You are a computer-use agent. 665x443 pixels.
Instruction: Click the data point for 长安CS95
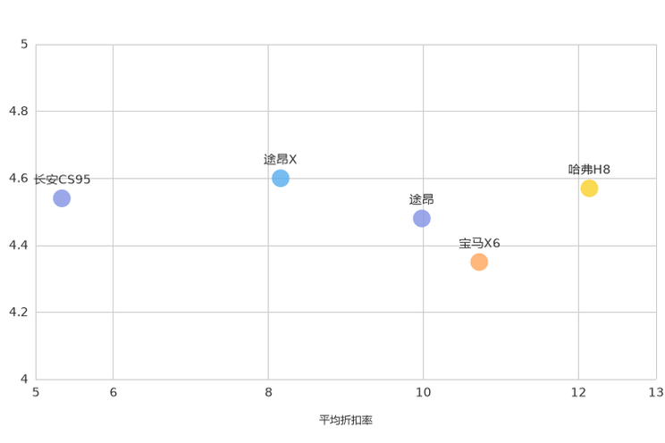tap(62, 198)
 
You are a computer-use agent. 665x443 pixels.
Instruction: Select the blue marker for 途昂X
tap(281, 178)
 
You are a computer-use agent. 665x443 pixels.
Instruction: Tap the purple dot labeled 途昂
tap(422, 218)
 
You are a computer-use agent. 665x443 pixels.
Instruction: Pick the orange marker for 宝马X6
tap(479, 262)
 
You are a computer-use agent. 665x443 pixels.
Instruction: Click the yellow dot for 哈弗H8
tap(589, 188)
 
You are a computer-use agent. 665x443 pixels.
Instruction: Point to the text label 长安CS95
tap(63, 180)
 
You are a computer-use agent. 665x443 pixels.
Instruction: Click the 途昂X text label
tap(280, 159)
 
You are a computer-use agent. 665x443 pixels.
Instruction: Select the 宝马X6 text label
tap(479, 243)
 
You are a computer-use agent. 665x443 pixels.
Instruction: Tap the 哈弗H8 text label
tap(589, 170)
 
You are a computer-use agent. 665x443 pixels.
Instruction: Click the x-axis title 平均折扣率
tap(346, 420)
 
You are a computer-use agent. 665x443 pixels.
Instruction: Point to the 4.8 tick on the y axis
tap(19, 111)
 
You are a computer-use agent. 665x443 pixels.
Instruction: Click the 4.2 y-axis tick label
tap(19, 312)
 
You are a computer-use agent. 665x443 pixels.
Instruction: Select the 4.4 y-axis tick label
tap(19, 245)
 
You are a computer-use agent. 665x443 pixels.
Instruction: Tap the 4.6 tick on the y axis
tap(19, 178)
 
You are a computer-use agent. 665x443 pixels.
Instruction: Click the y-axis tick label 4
tap(24, 379)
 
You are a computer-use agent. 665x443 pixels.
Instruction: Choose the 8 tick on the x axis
tap(268, 393)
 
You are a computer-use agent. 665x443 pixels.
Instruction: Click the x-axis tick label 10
tap(423, 393)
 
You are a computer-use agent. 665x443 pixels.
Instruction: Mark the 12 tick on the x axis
tap(578, 393)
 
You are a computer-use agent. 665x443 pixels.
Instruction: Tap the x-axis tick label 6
tap(114, 393)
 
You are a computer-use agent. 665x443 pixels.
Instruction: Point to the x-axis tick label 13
tap(656, 393)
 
